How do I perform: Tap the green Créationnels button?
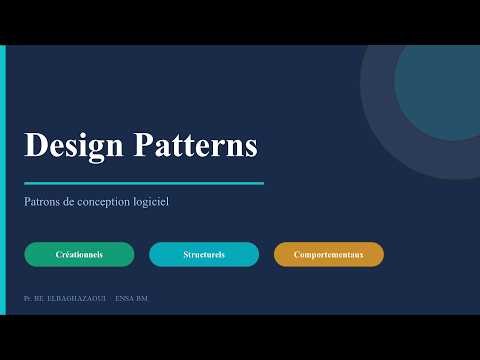(x=79, y=255)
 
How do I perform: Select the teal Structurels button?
(x=204, y=255)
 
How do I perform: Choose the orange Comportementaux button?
(x=328, y=255)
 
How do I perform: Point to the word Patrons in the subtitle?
(x=43, y=201)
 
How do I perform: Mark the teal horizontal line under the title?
(x=143, y=183)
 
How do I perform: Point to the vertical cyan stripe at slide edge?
(x=3, y=180)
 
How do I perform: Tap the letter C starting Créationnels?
(x=58, y=255)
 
